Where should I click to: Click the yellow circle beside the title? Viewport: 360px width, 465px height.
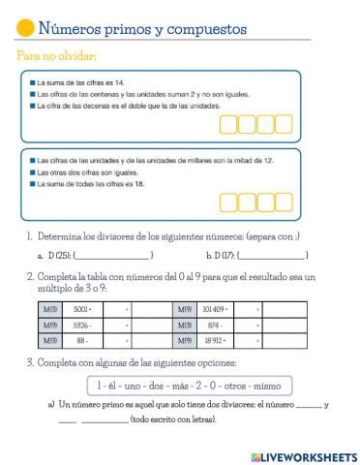(x=26, y=29)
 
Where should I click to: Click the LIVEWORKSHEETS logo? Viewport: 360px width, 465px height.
(x=303, y=455)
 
